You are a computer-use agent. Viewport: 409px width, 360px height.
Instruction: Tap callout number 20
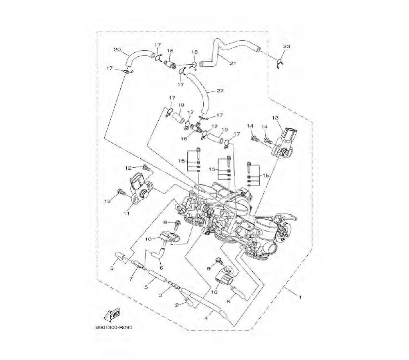(117, 49)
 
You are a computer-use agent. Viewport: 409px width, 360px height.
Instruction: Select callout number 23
(286, 47)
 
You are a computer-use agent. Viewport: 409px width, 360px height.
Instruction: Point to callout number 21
(233, 63)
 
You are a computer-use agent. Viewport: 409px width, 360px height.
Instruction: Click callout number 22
(220, 91)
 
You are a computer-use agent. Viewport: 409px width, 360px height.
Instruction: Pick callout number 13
(275, 118)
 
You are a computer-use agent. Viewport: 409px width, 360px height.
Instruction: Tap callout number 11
(126, 214)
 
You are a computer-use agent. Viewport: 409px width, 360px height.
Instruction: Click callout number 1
(300, 297)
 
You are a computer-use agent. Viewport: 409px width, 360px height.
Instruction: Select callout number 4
(206, 318)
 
